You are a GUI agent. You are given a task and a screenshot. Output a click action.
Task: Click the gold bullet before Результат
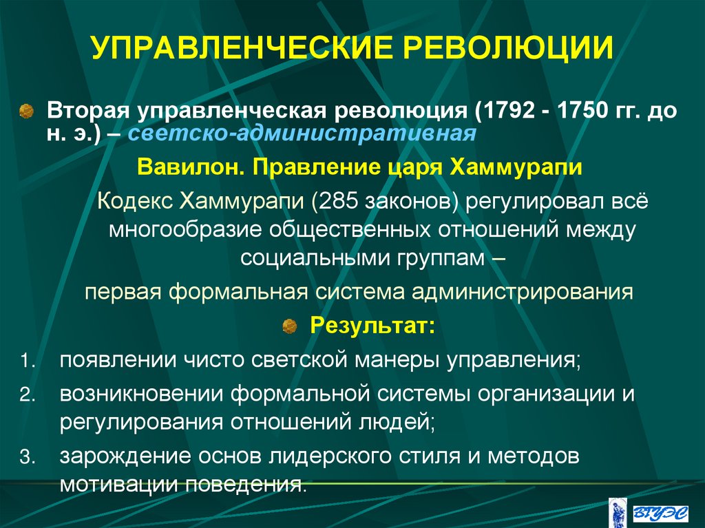click(290, 324)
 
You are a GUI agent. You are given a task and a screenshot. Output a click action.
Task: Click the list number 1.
click(25, 360)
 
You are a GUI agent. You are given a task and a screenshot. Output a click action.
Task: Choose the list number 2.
click(25, 395)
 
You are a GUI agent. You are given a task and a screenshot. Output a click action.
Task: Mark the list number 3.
click(25, 457)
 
